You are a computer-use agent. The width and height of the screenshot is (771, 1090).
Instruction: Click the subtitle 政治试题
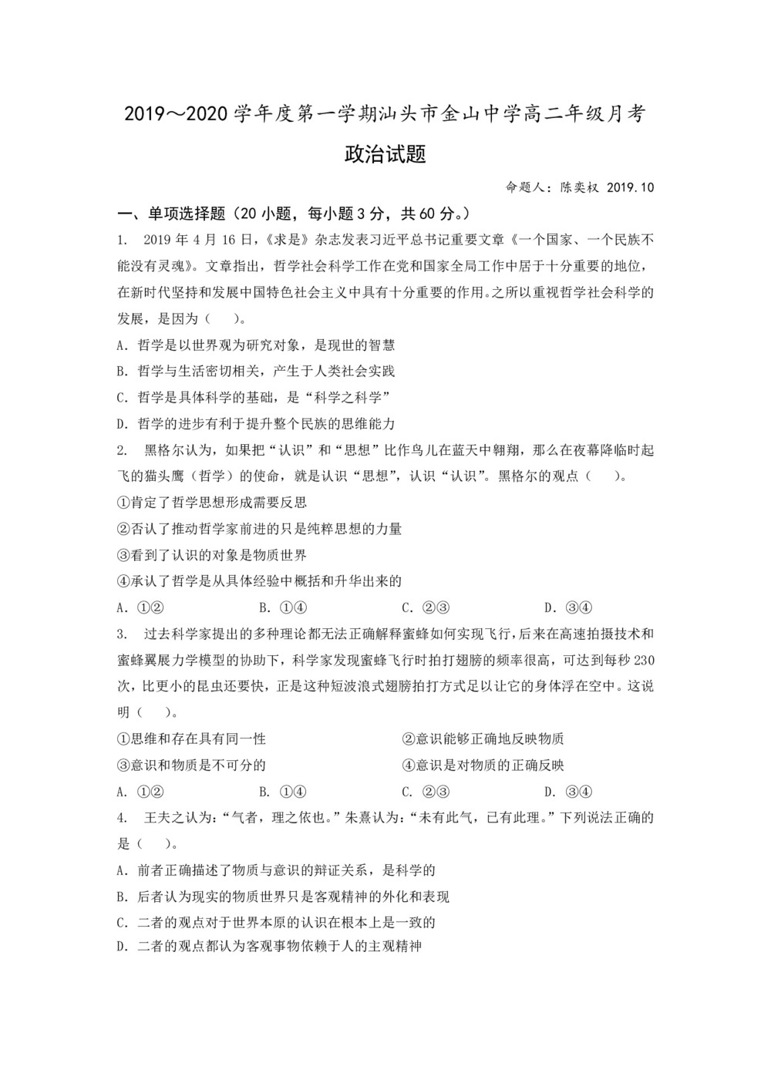coord(385,154)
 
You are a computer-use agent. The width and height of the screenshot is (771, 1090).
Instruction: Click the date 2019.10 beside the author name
coord(630,187)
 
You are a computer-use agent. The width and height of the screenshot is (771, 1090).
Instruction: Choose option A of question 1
coord(255,345)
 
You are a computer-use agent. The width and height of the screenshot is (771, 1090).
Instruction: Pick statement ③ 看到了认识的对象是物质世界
coord(211,555)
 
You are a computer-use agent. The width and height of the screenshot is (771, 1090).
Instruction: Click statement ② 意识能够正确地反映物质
coord(483,738)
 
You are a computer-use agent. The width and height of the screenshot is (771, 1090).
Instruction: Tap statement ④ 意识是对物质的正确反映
coord(483,765)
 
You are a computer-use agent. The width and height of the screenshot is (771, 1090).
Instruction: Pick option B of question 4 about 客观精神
coord(282,897)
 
